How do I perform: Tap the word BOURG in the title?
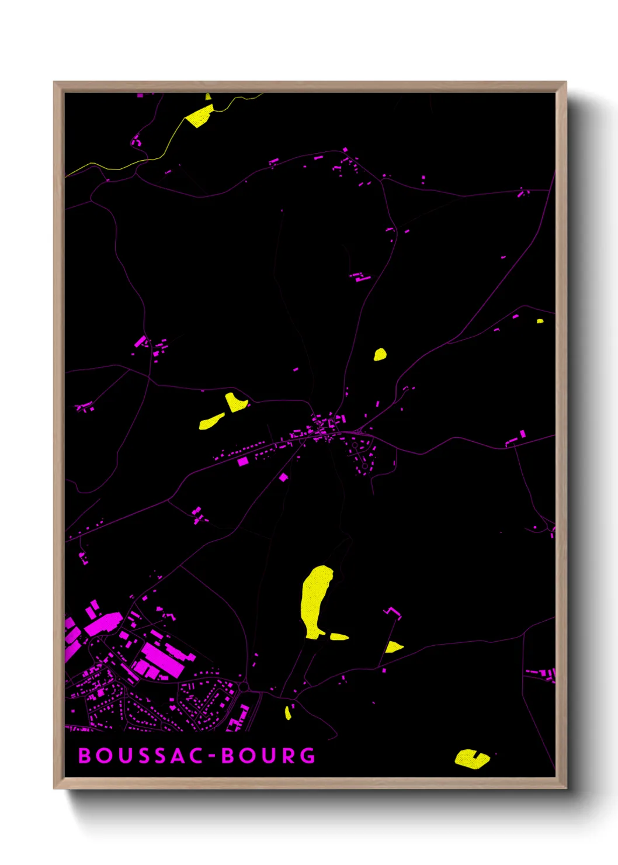click(269, 756)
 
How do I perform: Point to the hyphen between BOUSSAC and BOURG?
click(213, 756)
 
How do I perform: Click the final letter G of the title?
click(308, 756)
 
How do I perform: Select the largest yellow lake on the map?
click(315, 599)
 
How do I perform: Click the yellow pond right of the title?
click(471, 759)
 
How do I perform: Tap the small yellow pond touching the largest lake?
click(339, 636)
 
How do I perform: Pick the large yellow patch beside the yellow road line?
click(200, 116)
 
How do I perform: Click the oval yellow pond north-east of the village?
click(380, 354)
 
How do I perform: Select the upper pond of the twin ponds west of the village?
click(235, 402)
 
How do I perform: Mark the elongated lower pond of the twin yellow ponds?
click(211, 421)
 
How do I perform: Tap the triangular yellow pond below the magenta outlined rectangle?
click(393, 647)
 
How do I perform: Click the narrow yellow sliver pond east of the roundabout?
click(288, 712)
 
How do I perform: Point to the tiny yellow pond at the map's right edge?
click(540, 321)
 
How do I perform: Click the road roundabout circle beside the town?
click(244, 686)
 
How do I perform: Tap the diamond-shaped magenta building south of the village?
click(284, 478)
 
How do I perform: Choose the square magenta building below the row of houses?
click(243, 462)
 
